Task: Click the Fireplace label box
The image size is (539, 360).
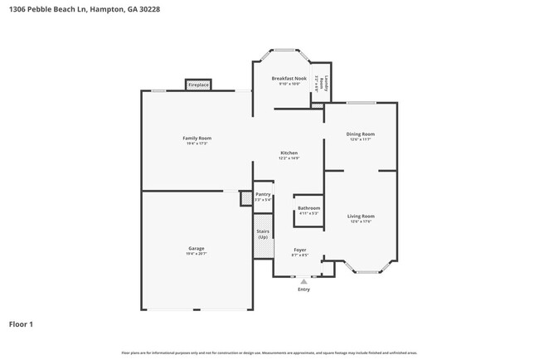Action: coord(198,85)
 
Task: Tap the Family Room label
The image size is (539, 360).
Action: coord(197,138)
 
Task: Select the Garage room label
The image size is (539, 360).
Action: coord(197,248)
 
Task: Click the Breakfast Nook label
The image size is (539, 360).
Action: coord(289,78)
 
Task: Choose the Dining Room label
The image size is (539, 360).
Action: coord(361,134)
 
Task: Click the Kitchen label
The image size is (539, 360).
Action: coord(289,153)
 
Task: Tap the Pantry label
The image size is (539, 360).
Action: coord(263,195)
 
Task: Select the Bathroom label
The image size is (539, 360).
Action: coord(308,208)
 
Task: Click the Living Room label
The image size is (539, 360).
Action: coord(361,216)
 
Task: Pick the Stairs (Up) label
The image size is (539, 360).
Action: coord(263,235)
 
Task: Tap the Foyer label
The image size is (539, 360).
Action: coord(299,250)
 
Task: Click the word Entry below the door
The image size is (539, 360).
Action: coord(303,289)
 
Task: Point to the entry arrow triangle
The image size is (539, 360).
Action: coord(303,282)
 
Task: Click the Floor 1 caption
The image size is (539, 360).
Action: coord(21,324)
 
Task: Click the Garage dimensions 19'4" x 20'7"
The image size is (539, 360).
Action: coord(197,253)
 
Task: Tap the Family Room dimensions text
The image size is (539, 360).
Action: coord(197,144)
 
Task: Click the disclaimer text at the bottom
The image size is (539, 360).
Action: coord(269,353)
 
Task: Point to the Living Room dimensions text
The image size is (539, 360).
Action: coord(361,221)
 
